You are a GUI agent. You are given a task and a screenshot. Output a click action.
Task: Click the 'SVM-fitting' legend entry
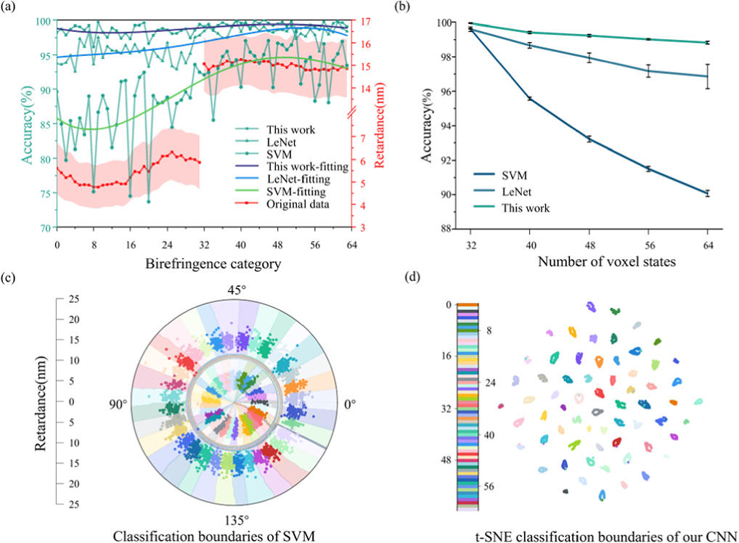tap(285, 192)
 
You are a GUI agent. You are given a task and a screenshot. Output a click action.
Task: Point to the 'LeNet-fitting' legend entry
tap(289, 179)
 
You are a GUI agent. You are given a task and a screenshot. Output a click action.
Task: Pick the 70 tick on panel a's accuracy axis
tap(44, 227)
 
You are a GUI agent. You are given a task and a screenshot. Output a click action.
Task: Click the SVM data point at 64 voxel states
tap(708, 193)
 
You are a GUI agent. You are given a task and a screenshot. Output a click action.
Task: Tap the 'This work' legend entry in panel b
tap(524, 207)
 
